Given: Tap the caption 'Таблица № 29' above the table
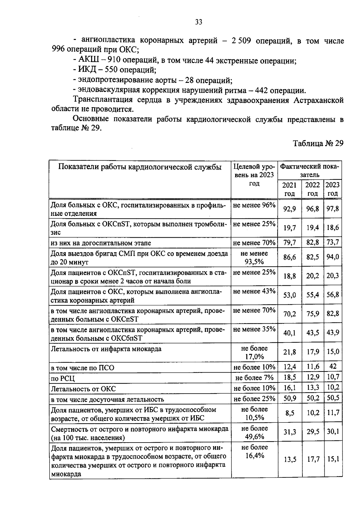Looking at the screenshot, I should coord(318,143).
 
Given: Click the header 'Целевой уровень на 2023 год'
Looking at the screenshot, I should coord(254,175).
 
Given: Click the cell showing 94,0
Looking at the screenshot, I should coord(333,257).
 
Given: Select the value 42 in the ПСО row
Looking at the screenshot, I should coord(333,366).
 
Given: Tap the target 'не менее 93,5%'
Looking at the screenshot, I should coord(254,258).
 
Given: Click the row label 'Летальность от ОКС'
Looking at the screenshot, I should coord(83,389).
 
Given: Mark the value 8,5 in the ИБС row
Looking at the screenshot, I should coord(289,413).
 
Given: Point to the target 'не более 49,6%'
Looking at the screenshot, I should coord(254,432).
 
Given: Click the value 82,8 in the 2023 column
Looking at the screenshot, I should coord(333,314).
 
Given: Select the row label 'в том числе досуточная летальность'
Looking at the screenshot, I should coord(107,399).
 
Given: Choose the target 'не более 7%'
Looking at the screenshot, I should coord(254,377).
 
